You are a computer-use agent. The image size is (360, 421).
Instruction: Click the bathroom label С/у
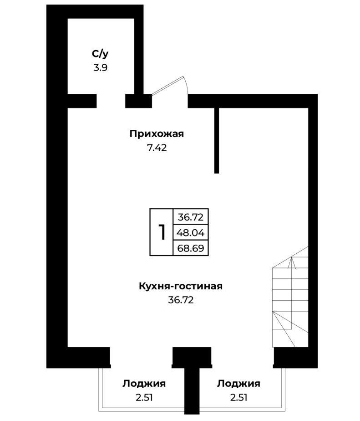[100, 54]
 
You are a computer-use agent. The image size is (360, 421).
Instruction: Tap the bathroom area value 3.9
[100, 67]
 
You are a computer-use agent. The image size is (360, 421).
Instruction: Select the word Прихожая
[157, 133]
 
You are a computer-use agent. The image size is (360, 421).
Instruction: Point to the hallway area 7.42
[157, 148]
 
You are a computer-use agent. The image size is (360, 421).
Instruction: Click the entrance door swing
[170, 86]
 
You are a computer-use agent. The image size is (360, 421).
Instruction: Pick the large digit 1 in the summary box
[162, 232]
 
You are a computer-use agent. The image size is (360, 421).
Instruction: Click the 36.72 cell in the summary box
[191, 217]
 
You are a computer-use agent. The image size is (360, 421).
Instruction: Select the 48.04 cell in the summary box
[191, 232]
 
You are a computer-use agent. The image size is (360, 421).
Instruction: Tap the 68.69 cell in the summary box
[191, 248]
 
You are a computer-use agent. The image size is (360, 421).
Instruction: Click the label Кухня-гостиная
[181, 286]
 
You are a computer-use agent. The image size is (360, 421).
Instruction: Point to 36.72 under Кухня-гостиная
[181, 300]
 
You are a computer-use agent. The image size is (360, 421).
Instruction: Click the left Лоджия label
[144, 384]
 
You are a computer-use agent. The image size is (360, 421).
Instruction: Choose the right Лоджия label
[238, 384]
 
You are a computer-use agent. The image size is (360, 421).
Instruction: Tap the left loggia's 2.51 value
[144, 397]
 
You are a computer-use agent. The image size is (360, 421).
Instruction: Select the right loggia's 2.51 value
[238, 397]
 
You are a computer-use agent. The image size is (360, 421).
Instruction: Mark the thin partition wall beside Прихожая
[217, 140]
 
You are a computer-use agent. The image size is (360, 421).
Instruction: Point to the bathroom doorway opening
[111, 101]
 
